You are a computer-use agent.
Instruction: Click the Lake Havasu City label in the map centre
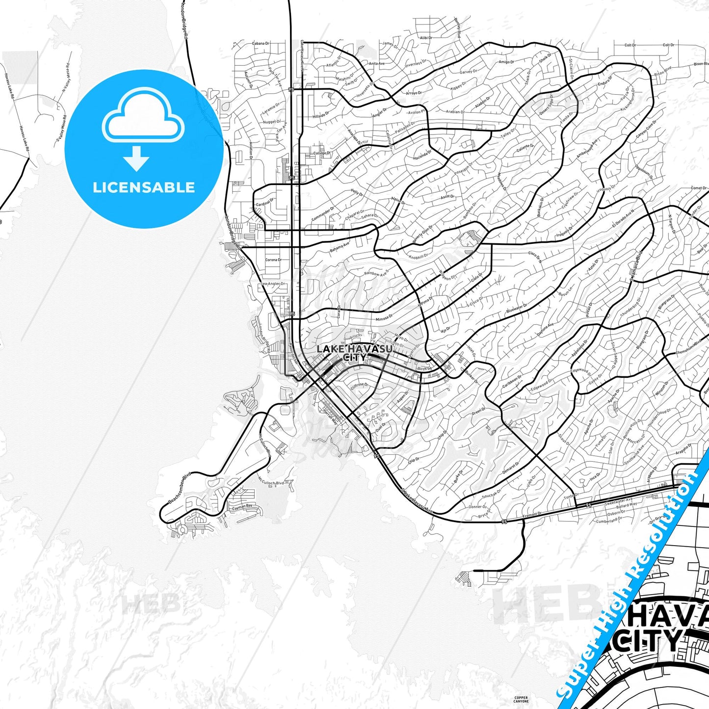click(x=354, y=353)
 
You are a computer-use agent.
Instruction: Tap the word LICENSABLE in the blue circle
click(x=144, y=187)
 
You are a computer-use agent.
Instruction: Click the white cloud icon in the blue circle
click(x=143, y=118)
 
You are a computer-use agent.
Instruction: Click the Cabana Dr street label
click(x=261, y=44)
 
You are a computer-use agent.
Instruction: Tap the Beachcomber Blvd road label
click(x=179, y=488)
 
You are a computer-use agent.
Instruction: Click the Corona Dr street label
click(x=273, y=260)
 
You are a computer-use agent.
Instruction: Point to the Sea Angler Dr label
click(x=273, y=284)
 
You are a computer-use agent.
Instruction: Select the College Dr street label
click(x=322, y=153)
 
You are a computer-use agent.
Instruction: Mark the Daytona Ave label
click(x=545, y=329)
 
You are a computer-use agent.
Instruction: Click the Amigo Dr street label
click(x=506, y=62)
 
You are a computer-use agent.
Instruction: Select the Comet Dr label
click(x=699, y=188)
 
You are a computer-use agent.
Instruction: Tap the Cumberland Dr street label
click(x=609, y=521)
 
